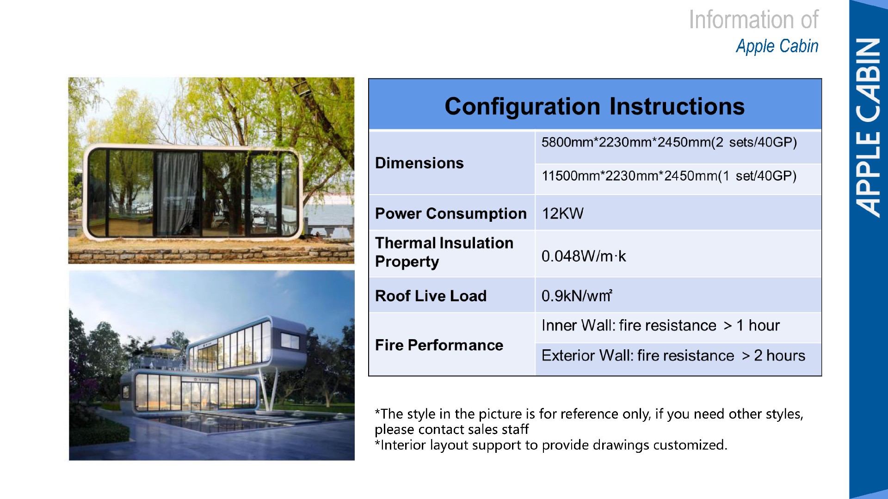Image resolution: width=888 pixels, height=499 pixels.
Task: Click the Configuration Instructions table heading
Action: (x=594, y=106)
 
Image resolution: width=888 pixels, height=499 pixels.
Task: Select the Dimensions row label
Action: (x=419, y=163)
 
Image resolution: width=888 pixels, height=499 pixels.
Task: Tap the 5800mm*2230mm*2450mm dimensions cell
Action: (x=669, y=142)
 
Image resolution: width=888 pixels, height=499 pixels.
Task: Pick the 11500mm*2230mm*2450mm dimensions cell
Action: (x=669, y=176)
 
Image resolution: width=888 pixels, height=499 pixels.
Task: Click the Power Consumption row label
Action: (x=450, y=213)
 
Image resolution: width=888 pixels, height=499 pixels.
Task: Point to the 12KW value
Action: (x=562, y=213)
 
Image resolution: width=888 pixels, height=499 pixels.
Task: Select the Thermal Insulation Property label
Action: (x=444, y=252)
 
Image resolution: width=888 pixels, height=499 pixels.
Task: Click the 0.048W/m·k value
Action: (x=584, y=256)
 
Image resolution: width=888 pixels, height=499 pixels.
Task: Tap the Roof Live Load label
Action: (x=431, y=296)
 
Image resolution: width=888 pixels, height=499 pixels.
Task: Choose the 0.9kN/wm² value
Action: (x=577, y=296)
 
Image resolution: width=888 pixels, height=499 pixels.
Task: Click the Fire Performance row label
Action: (x=439, y=345)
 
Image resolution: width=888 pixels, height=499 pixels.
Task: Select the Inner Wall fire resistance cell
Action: (x=660, y=326)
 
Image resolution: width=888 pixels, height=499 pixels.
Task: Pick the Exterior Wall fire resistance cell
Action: (x=673, y=356)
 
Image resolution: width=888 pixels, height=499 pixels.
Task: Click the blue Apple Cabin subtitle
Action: (x=777, y=46)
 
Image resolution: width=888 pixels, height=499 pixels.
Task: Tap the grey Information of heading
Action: (x=753, y=20)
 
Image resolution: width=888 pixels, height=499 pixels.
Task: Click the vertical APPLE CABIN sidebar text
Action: (x=868, y=128)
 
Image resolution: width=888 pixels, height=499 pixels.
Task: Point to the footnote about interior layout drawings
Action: (x=551, y=445)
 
